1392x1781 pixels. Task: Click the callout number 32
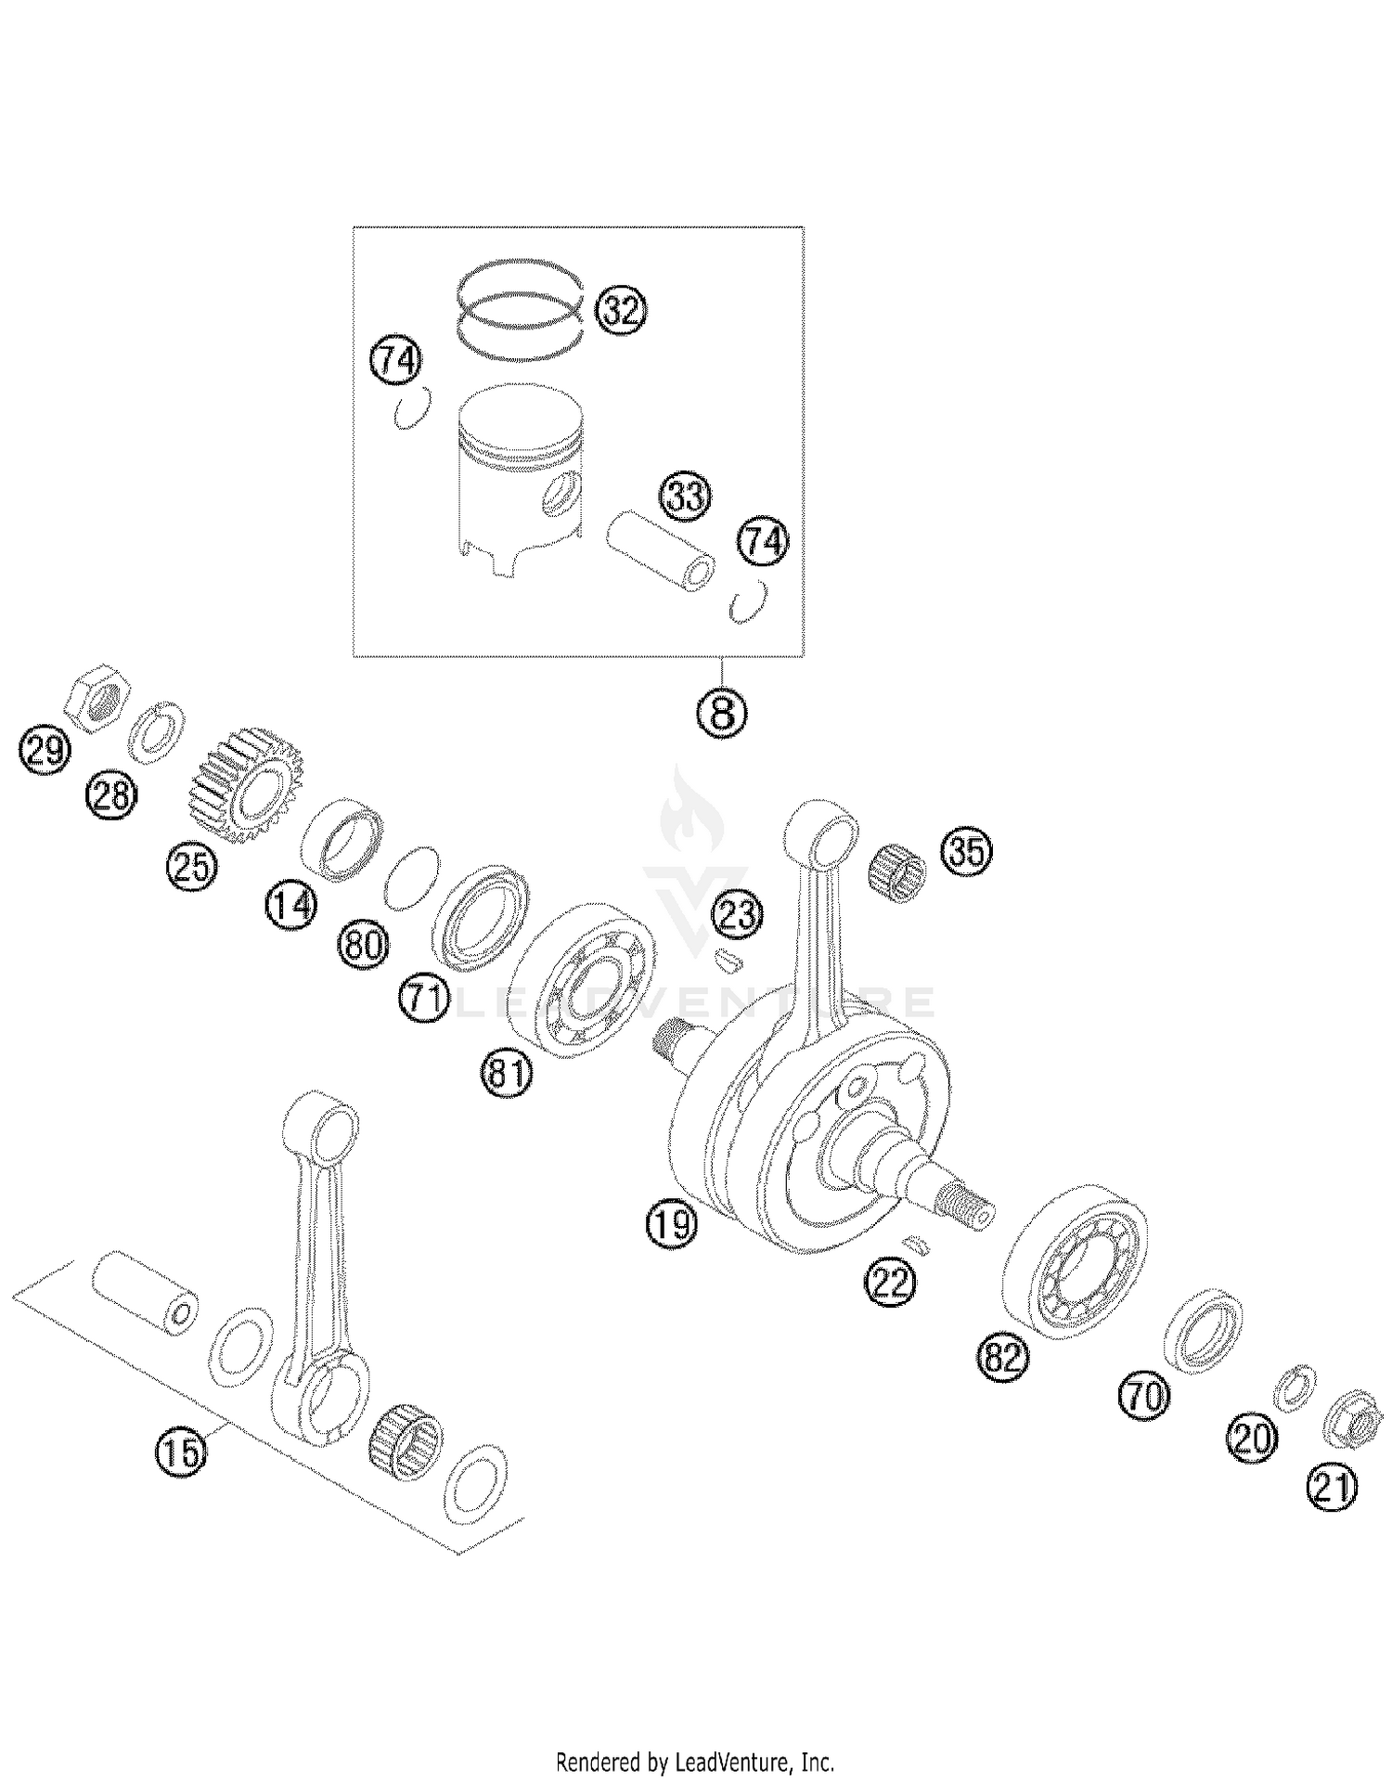point(621,309)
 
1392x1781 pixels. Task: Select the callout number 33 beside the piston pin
point(685,497)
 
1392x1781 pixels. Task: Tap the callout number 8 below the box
point(722,713)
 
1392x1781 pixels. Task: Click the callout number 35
point(967,850)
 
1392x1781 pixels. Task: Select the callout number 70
point(1145,1395)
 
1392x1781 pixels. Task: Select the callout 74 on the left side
point(396,360)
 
